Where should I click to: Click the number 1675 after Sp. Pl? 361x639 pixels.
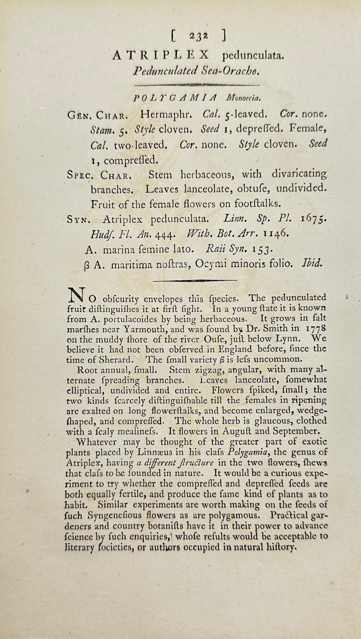pos(314,219)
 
